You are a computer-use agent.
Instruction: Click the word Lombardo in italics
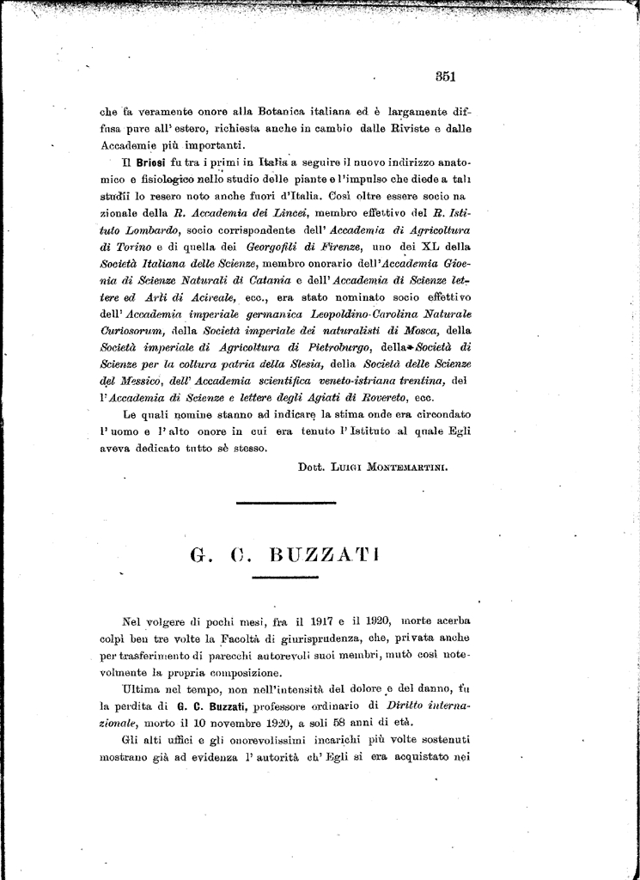152,230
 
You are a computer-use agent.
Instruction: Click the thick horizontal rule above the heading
284,501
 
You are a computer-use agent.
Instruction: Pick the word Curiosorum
132,330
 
